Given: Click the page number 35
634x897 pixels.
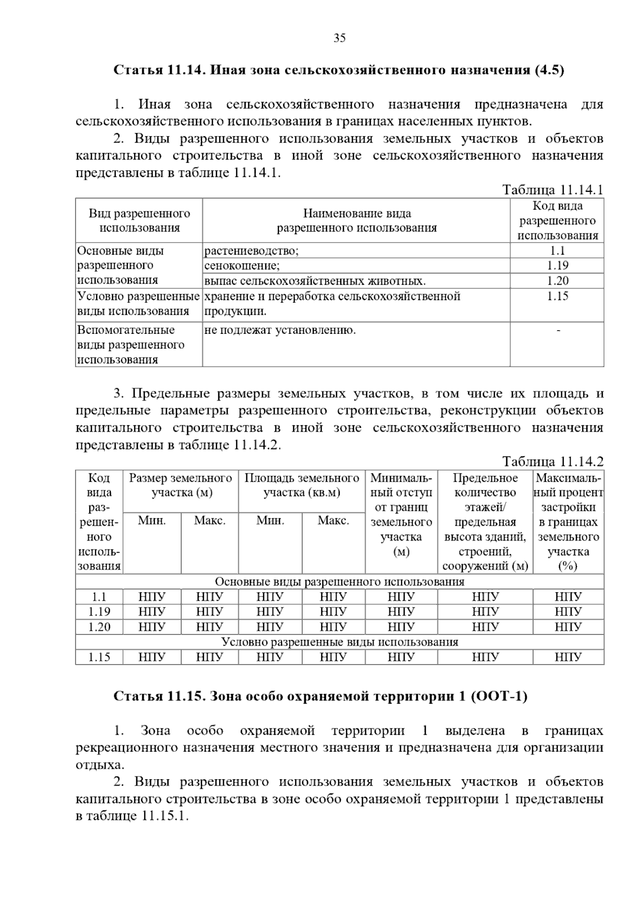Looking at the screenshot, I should [339, 38].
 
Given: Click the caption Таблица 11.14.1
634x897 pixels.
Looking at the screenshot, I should [552, 190].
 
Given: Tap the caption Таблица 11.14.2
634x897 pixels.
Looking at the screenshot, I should [552, 462].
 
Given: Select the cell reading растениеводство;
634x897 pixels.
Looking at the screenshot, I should [251, 251].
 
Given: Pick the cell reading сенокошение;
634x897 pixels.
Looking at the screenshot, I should [242, 266].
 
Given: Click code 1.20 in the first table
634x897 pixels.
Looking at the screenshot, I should [557, 281].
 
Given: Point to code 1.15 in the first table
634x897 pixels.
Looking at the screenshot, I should [557, 296].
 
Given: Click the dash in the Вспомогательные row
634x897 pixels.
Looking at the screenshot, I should [558, 331].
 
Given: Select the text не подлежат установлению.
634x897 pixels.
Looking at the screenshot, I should [280, 331].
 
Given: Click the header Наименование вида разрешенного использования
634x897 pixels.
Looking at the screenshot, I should [357, 221].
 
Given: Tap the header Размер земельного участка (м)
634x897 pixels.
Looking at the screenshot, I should [181, 485].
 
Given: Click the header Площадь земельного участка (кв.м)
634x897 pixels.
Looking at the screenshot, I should [302, 485].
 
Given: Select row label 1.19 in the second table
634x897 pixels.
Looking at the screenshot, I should [99, 612].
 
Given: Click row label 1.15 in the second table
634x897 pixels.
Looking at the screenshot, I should [99, 657].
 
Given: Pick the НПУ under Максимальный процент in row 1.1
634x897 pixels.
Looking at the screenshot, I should [568, 597].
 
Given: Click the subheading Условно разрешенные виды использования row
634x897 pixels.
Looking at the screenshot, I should [339, 642].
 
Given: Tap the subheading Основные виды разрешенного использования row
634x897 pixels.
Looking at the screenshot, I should [339, 582].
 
